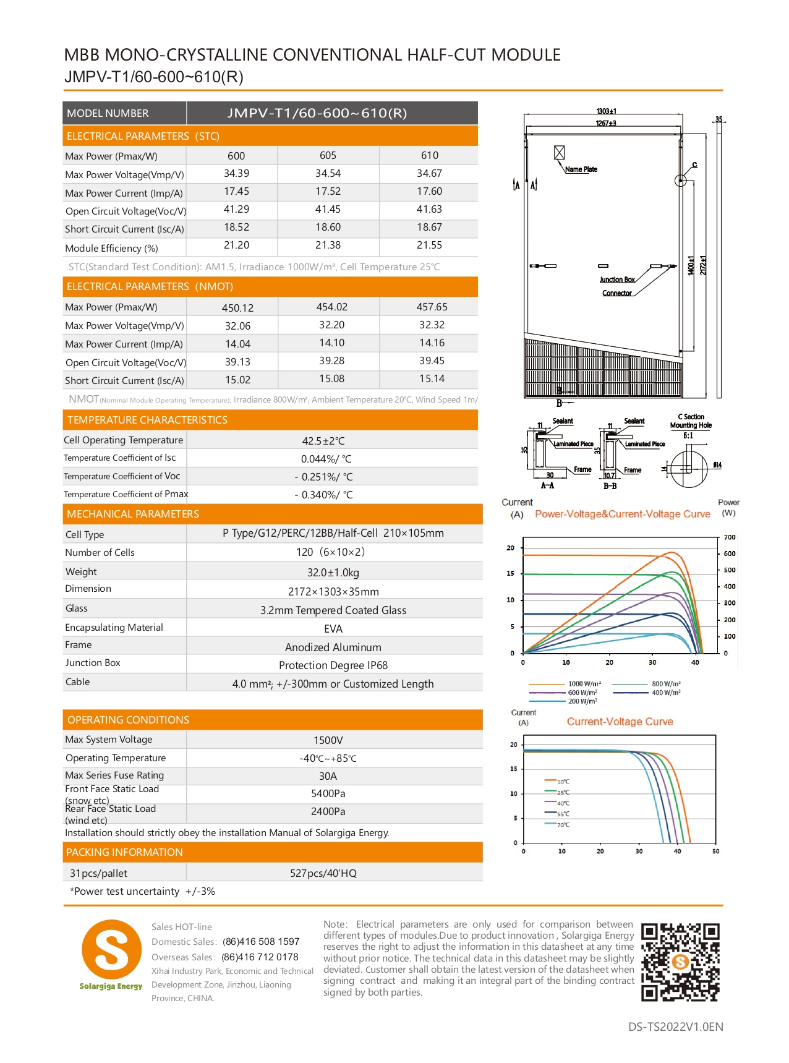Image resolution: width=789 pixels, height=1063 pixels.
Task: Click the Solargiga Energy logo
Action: click(x=111, y=955)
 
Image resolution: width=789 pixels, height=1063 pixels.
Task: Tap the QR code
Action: click(x=680, y=962)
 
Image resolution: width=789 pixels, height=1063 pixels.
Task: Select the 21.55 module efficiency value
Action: click(x=429, y=245)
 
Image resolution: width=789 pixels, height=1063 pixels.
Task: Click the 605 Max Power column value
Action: click(x=328, y=156)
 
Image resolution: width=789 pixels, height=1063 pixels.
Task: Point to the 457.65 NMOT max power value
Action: click(x=432, y=307)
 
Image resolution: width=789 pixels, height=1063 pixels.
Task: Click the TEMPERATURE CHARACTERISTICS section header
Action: click(x=147, y=421)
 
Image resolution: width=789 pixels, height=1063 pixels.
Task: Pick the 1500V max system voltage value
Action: click(x=328, y=741)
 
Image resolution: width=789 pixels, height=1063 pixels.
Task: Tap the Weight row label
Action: click(x=81, y=572)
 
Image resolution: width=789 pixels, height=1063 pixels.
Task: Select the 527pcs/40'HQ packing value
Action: click(x=323, y=874)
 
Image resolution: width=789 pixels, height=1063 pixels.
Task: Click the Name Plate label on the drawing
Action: click(x=581, y=169)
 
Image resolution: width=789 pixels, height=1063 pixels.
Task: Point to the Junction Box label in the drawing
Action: click(x=616, y=280)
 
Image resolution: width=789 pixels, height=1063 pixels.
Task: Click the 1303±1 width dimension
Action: click(x=606, y=111)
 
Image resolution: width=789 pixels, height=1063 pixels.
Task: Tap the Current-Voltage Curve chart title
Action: click(x=620, y=722)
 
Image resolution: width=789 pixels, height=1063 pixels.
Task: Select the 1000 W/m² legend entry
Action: click(x=584, y=684)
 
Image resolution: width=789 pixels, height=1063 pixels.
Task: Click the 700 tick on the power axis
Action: click(x=730, y=537)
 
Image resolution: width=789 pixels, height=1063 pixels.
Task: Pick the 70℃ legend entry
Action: click(x=563, y=825)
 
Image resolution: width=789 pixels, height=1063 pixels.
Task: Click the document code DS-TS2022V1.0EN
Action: click(x=675, y=1027)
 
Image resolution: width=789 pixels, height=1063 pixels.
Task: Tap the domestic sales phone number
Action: click(x=261, y=942)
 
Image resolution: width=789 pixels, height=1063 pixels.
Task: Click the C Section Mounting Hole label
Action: click(x=691, y=422)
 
